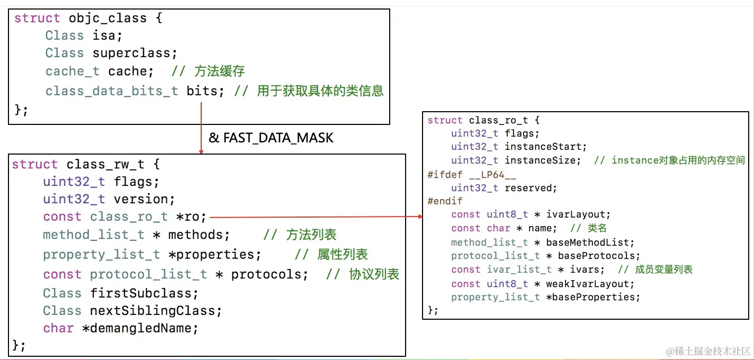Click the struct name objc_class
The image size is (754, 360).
coord(107,18)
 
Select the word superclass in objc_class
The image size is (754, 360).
coord(134,53)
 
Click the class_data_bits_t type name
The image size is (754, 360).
coord(112,91)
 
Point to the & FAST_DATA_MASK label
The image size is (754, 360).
coord(271,138)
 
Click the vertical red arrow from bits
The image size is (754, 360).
coord(202,127)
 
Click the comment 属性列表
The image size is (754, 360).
coord(343,255)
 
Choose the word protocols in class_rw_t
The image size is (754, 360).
coord(270,274)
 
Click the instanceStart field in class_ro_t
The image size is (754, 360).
coord(545,147)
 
